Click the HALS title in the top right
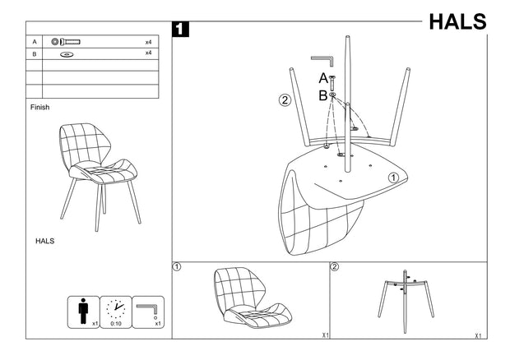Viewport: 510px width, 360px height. click(457, 21)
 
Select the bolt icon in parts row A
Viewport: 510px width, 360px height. click(65, 41)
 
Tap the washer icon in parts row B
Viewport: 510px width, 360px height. click(67, 54)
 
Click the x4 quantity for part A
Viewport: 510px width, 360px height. click(149, 41)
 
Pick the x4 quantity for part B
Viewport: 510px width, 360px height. click(149, 53)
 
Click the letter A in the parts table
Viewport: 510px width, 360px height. click(35, 41)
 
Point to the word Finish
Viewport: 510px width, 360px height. click(40, 107)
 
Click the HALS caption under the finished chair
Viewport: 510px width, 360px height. click(44, 242)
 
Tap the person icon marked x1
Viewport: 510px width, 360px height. click(82, 312)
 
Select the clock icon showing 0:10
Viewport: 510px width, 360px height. click(116, 310)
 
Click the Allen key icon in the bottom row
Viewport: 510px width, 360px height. click(149, 310)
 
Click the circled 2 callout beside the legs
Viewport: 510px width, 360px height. click(285, 101)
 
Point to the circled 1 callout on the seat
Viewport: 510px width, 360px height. click(393, 177)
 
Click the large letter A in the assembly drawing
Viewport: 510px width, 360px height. click(323, 79)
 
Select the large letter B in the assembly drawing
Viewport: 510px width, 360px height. click(323, 95)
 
